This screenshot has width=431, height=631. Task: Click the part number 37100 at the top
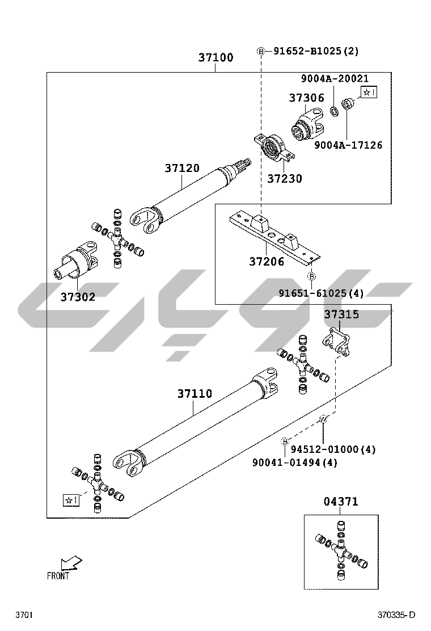tap(216, 58)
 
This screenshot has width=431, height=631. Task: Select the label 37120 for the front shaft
tap(182, 169)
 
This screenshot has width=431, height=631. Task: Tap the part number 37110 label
tap(195, 394)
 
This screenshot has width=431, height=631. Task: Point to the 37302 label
tap(78, 297)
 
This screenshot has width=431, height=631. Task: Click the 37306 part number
tap(306, 98)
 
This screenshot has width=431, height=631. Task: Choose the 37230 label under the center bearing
tap(285, 179)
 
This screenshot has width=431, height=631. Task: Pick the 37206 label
tap(267, 262)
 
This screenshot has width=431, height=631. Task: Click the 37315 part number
tap(341, 314)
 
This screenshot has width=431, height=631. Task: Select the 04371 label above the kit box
tap(341, 502)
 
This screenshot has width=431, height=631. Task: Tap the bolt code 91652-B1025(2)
tap(316, 52)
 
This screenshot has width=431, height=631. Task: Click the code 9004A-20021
tap(335, 79)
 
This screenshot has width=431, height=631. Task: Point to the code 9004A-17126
tap(348, 145)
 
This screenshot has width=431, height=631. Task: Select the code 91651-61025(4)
tap(321, 293)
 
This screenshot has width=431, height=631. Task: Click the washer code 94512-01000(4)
tap(333, 449)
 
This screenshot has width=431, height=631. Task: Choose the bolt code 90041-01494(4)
tap(295, 462)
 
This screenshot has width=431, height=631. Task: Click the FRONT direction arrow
tap(71, 563)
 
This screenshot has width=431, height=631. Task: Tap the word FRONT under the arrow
tap(58, 576)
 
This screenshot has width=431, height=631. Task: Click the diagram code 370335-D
tap(397, 615)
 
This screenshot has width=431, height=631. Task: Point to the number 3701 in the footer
tap(24, 615)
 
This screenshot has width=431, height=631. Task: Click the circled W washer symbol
tap(323, 419)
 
